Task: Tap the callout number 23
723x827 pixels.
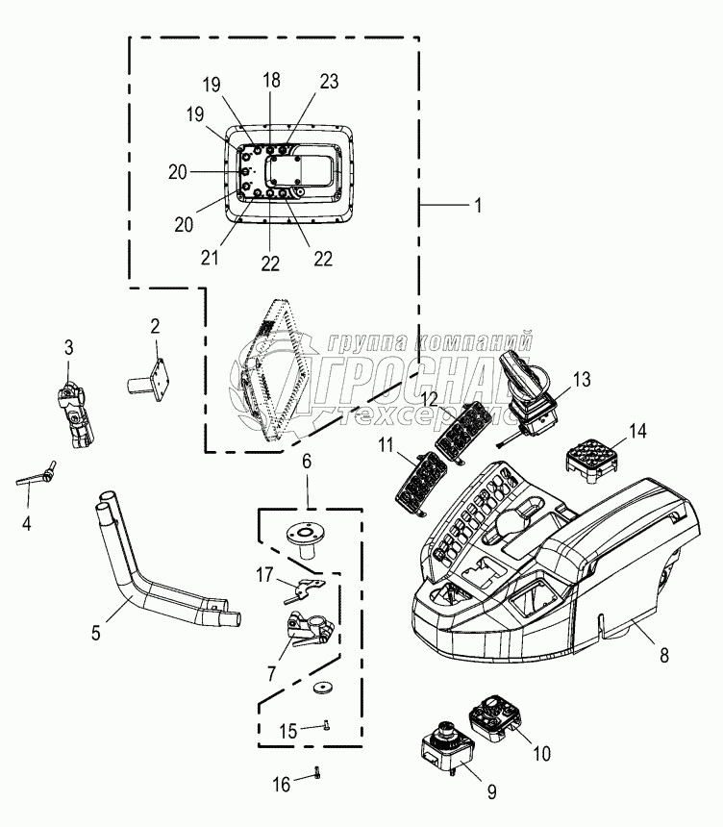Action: pyautogui.click(x=329, y=83)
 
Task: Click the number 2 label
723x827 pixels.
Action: pyautogui.click(x=154, y=325)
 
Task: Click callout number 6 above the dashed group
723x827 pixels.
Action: pyautogui.click(x=307, y=463)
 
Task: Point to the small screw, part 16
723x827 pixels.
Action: pyautogui.click(x=315, y=773)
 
